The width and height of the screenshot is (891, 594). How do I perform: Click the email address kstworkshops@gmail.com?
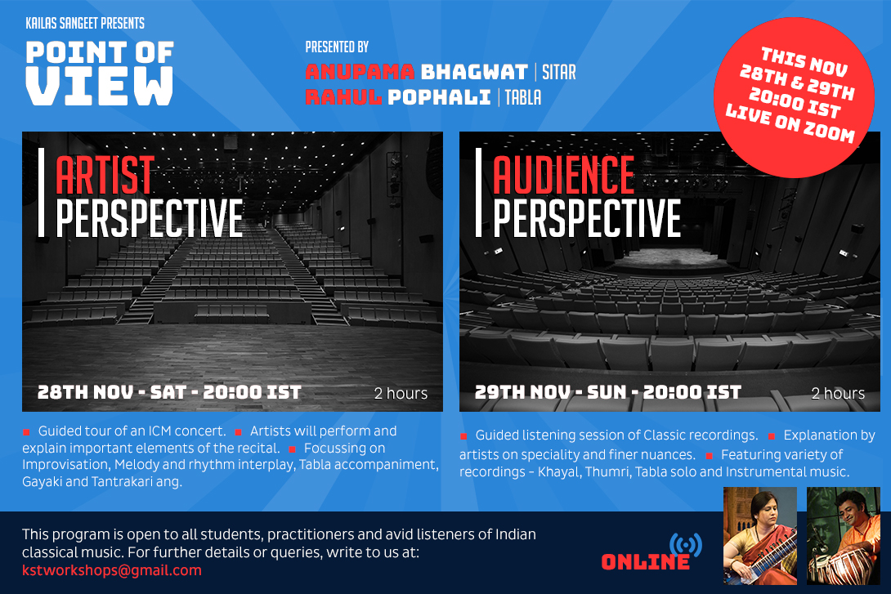(112, 570)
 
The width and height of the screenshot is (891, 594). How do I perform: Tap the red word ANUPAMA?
(360, 72)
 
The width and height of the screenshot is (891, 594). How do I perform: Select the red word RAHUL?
(343, 97)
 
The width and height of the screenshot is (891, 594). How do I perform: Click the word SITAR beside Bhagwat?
(559, 72)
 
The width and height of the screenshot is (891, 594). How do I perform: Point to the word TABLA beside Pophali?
(523, 98)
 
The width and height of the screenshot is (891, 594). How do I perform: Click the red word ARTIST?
(105, 176)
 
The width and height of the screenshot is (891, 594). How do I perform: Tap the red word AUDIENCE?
(563, 176)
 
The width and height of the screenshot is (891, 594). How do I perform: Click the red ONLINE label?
(646, 562)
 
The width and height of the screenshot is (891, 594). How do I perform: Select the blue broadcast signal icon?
(685, 545)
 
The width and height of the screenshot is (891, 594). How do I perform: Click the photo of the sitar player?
(760, 535)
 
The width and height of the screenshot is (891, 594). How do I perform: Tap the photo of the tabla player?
(844, 535)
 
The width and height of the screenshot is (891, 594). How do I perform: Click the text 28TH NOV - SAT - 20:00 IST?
(169, 392)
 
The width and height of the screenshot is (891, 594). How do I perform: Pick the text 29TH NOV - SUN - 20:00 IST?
(608, 392)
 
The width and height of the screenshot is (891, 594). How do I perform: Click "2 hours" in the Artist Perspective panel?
(401, 393)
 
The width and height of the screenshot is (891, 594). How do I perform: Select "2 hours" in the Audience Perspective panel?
(838, 393)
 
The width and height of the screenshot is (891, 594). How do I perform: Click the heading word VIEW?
(100, 86)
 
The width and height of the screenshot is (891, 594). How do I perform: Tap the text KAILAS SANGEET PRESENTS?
(85, 23)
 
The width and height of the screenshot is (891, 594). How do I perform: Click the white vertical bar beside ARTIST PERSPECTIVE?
(41, 192)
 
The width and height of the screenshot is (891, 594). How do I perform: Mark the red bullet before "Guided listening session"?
(463, 436)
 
